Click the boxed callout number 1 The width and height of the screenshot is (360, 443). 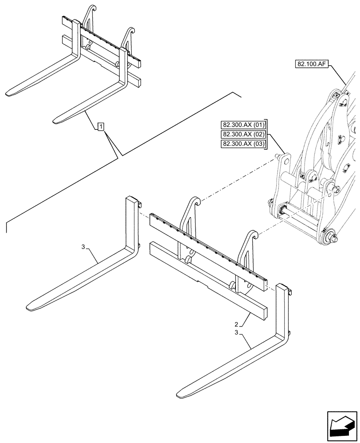pos(101,128)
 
